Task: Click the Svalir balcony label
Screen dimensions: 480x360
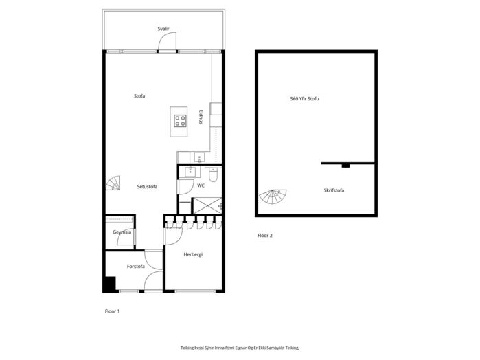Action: [163, 29]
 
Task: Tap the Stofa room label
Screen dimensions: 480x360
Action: [139, 96]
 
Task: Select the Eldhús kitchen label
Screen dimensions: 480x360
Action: [201, 117]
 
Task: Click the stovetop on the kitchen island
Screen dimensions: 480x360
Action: [180, 121]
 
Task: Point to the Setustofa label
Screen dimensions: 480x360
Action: [147, 186]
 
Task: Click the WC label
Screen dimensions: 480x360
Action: [201, 185]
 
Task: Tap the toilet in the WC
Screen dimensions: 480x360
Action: [213, 175]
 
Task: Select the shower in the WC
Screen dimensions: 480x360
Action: [207, 205]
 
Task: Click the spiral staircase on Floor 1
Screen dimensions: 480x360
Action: [113, 183]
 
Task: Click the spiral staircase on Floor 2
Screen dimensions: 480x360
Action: [273, 196]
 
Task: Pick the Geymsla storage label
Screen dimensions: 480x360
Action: [122, 232]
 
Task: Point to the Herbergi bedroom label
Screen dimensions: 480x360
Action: [193, 254]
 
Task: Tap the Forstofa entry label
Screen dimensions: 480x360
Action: [135, 267]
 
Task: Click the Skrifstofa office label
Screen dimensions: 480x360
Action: [334, 190]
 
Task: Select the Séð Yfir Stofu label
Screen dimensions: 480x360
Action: [304, 99]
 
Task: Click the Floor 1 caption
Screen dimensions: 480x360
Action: [112, 311]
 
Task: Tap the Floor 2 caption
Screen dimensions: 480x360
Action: [265, 235]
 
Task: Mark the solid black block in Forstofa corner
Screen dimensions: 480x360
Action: [110, 284]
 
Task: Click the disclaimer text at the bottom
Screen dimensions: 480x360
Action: [240, 348]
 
